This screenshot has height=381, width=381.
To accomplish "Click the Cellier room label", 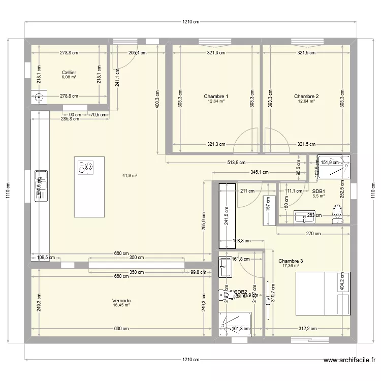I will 69,73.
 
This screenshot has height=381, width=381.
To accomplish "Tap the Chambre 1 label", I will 216,96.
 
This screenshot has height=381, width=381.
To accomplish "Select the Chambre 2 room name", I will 306,96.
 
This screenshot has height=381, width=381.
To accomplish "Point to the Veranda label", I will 121,300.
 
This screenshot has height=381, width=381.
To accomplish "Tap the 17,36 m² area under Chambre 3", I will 291,266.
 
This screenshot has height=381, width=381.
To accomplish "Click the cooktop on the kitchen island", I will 86,167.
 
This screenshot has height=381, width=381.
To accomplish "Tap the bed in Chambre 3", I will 323,293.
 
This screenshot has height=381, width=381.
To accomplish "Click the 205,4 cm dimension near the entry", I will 137,52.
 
